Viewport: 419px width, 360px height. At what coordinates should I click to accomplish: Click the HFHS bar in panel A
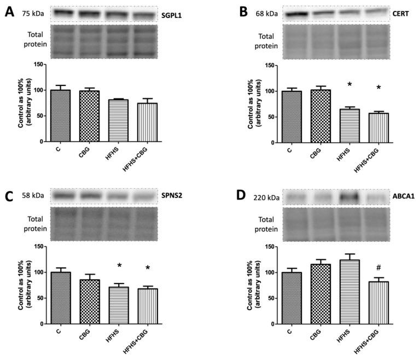pyautogui.click(x=118, y=120)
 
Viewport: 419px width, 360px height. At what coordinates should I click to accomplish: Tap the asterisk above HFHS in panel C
pyautogui.click(x=118, y=266)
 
